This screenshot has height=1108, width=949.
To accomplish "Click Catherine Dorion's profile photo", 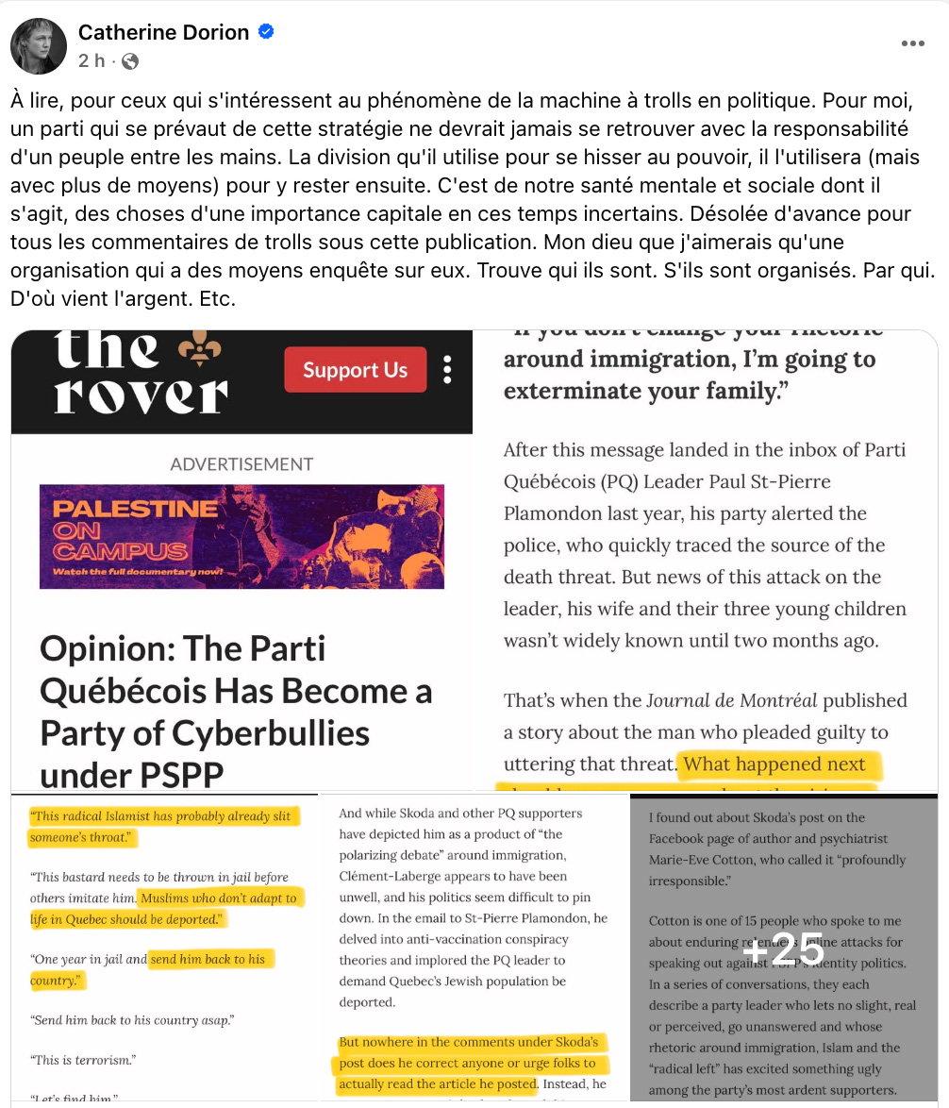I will [x=39, y=45].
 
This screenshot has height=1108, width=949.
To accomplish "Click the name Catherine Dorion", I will [x=163, y=32].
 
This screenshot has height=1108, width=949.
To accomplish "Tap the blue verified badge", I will [x=267, y=32].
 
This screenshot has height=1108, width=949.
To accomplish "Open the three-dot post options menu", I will [x=912, y=43].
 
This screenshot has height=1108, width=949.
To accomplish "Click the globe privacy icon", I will [x=130, y=61].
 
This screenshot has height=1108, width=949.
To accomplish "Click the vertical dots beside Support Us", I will [x=447, y=369].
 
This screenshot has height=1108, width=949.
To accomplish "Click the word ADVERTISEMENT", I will [x=241, y=464].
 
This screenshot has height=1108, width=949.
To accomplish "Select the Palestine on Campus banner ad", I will [x=241, y=536].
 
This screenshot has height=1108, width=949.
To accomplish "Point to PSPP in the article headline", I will [x=177, y=775].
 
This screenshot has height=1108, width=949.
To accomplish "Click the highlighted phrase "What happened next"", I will [x=774, y=764].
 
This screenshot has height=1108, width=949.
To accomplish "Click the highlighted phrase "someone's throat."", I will [x=84, y=837].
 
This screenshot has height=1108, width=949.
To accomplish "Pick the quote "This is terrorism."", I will [x=84, y=1060].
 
